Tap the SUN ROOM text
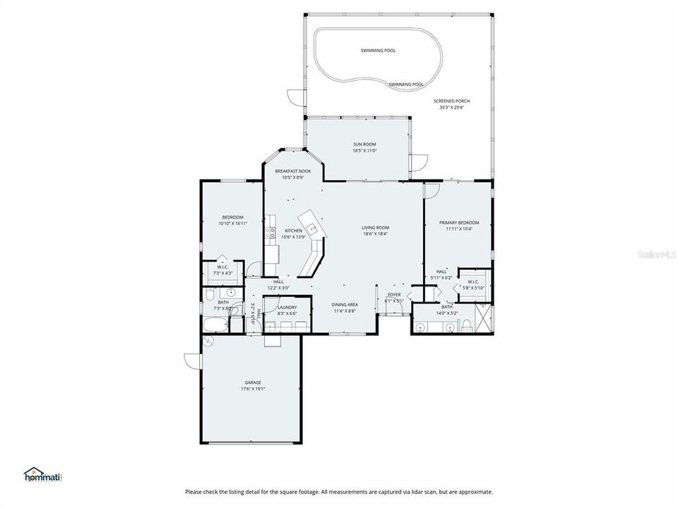click(x=365, y=144)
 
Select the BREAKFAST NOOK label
click(x=292, y=171)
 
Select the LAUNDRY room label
click(x=287, y=308)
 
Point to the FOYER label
click(x=393, y=294)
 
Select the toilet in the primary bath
click(x=466, y=325)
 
